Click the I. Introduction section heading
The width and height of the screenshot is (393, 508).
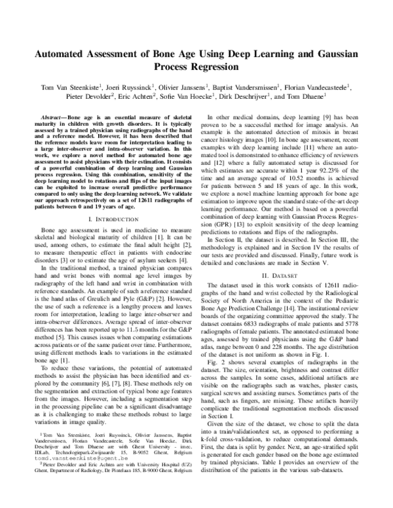[x=112, y=218]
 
